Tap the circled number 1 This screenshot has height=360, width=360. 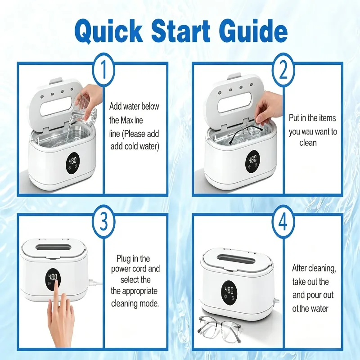click(x=103, y=70)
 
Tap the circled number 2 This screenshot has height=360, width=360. click(x=283, y=70)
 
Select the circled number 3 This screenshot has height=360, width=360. click(x=103, y=222)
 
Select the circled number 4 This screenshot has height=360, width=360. click(x=283, y=222)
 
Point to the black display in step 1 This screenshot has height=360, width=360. click(x=72, y=163)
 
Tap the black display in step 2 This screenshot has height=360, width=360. click(x=252, y=162)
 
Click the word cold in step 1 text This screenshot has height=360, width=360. click(x=132, y=146)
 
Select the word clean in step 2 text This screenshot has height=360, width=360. click(x=308, y=143)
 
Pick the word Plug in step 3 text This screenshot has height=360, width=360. click(x=124, y=259)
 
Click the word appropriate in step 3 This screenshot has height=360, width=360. click(x=139, y=292)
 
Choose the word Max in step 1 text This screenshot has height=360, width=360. click(x=126, y=120)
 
